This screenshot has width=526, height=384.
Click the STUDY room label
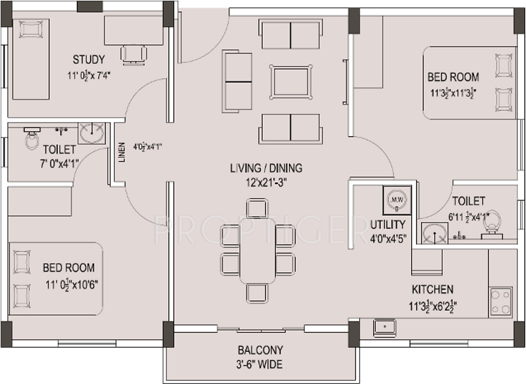[x=88, y=59]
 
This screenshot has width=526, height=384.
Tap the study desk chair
[x=134, y=54]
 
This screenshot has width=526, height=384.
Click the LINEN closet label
[x=122, y=152]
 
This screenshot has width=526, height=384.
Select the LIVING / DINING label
[x=266, y=169]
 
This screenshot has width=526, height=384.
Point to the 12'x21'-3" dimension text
[x=266, y=183]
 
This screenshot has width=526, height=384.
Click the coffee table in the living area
[x=291, y=82]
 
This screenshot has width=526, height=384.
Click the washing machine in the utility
[x=397, y=200]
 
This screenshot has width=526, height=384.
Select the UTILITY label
[x=388, y=224]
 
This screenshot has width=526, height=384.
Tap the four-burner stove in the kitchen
[x=500, y=302]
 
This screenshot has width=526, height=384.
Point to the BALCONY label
[x=260, y=350]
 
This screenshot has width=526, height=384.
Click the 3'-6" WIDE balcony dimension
[x=260, y=364]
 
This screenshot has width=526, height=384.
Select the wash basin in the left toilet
[x=91, y=133]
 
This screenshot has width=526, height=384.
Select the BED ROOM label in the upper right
[x=453, y=77]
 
